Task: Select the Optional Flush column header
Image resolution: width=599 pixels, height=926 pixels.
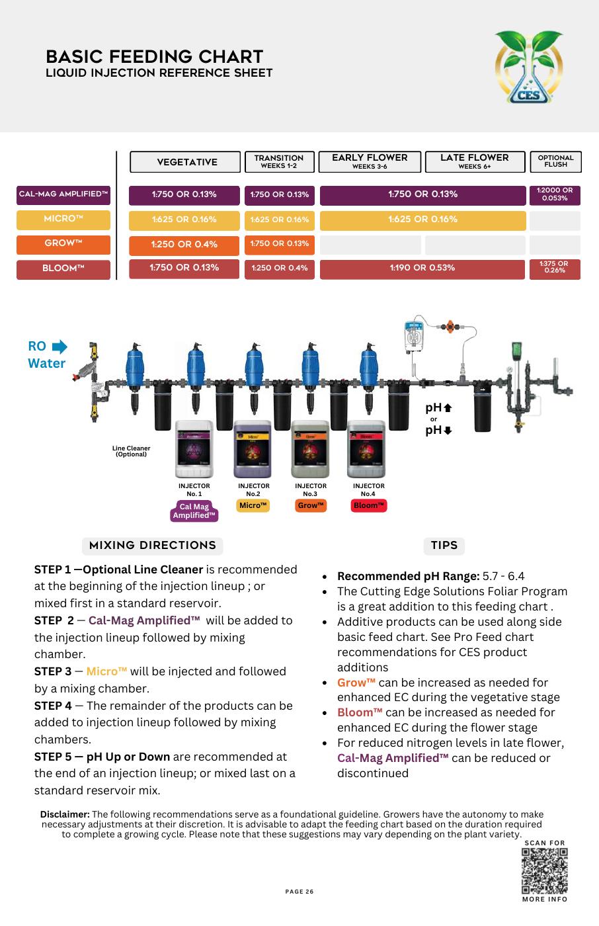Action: [555, 161]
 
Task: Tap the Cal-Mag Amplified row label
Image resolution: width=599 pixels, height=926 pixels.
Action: [63, 194]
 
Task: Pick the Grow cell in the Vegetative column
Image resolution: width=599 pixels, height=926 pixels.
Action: [184, 245]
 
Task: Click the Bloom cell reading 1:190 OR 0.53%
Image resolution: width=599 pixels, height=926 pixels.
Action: [422, 269]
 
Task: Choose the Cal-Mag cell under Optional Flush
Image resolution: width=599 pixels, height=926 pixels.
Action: [555, 195]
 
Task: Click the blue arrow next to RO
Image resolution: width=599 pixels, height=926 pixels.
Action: [60, 347]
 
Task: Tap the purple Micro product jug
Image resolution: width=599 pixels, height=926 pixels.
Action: [253, 450]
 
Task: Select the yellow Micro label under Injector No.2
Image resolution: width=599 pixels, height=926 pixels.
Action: [253, 506]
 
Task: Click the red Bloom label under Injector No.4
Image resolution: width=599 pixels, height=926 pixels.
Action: [369, 506]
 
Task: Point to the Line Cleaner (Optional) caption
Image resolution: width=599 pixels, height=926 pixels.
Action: [131, 452]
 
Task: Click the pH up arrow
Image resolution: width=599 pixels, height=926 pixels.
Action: [448, 408]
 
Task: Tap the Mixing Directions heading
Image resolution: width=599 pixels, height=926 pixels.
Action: [152, 546]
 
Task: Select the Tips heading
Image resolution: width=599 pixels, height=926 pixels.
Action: [444, 546]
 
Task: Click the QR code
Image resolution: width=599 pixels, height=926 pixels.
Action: [544, 871]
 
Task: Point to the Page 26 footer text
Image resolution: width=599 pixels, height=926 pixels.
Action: [299, 892]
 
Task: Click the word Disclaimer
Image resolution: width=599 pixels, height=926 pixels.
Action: [65, 815]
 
